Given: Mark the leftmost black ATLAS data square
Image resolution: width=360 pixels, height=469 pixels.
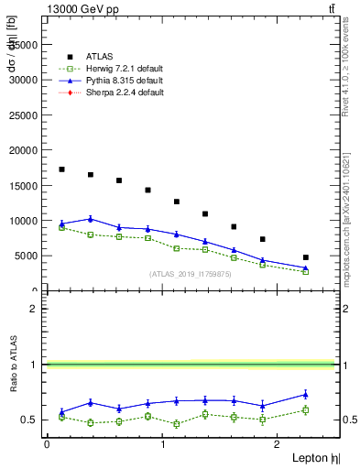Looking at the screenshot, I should (61, 169).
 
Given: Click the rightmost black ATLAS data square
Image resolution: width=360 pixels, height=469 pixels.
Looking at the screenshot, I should (306, 257).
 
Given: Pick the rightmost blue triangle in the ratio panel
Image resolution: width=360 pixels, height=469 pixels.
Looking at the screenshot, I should (306, 395).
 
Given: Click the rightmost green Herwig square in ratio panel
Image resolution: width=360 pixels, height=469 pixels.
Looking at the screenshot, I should (306, 409).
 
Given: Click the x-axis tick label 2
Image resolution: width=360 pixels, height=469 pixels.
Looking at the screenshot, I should (278, 443).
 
